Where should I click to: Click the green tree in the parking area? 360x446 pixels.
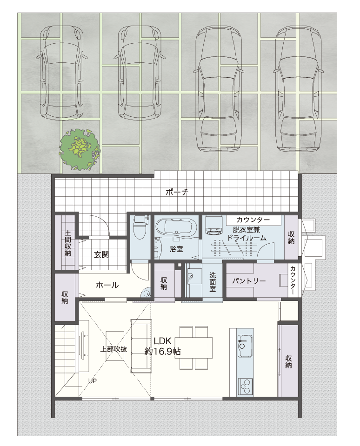click(x=80, y=150)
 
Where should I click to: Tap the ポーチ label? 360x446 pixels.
click(x=177, y=192)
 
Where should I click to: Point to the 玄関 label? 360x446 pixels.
click(x=101, y=254)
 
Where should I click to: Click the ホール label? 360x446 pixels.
click(x=107, y=285)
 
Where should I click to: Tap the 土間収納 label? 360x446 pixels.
click(x=68, y=243)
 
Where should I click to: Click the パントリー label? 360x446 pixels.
click(x=249, y=281)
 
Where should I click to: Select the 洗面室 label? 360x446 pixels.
click(x=213, y=282)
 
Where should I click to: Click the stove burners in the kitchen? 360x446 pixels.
click(x=245, y=386)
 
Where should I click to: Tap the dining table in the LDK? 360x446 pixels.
click(x=193, y=347)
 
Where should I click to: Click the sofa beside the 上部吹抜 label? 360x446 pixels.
click(x=140, y=346)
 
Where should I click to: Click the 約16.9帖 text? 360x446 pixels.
click(x=162, y=352)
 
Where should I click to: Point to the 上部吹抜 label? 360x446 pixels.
click(x=113, y=349)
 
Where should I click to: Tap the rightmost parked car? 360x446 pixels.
click(x=299, y=88)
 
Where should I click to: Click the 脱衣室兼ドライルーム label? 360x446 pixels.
click(x=247, y=234)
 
